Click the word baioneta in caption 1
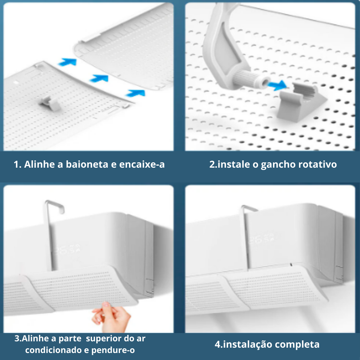click(87, 164)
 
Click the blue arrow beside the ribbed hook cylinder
click(277, 85)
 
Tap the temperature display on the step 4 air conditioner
click(262, 239)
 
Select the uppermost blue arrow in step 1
click(67, 62)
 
